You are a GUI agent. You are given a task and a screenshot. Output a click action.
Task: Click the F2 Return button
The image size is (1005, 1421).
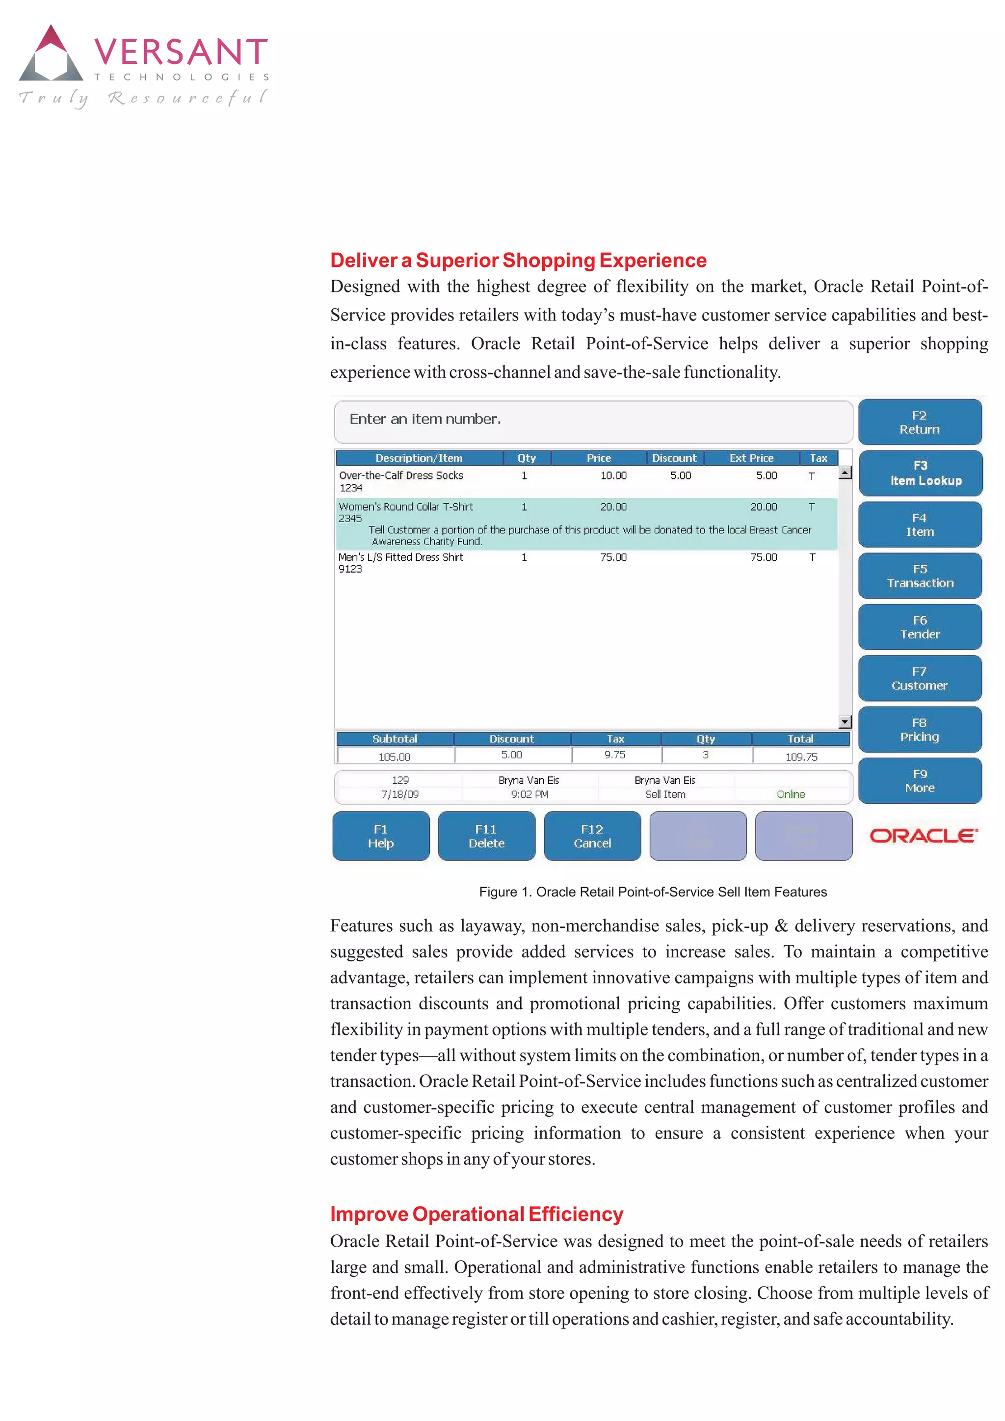(920, 422)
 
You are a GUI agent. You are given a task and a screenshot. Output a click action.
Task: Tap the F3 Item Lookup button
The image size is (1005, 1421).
(920, 474)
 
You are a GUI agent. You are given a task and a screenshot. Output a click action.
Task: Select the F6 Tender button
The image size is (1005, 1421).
(920, 627)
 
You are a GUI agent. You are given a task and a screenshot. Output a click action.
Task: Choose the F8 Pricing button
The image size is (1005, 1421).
(920, 730)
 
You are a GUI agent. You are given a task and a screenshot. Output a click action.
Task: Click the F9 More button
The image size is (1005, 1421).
(920, 781)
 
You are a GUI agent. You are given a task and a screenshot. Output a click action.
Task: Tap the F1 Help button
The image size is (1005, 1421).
(381, 836)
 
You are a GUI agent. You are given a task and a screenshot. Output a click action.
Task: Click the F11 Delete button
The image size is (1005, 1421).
(486, 836)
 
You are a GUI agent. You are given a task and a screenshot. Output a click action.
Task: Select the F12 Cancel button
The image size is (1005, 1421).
(592, 836)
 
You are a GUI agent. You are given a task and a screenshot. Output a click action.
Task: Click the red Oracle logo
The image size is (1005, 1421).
(924, 836)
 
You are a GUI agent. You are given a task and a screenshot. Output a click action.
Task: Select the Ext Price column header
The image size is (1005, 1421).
(751, 458)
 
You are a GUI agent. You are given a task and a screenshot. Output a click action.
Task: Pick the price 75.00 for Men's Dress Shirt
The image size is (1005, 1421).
(613, 557)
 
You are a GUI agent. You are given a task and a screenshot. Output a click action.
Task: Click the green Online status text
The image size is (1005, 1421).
(790, 794)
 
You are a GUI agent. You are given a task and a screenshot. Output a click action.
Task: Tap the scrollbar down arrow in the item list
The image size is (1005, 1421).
(845, 722)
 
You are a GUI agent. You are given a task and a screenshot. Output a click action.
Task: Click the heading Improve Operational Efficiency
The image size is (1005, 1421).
(476, 1214)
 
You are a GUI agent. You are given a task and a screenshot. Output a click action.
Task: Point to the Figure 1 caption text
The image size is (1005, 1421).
(653, 892)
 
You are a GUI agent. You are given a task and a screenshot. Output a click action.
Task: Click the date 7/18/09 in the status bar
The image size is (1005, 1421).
(400, 794)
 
